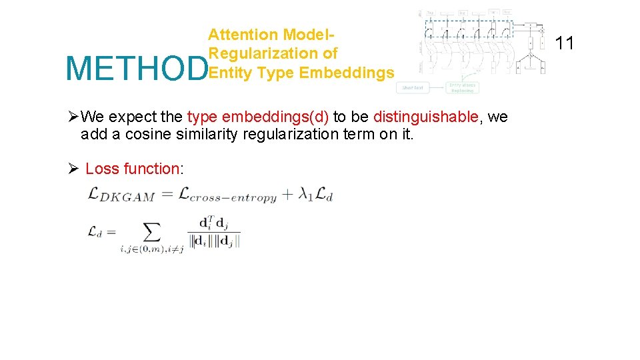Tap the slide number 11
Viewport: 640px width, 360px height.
click(565, 43)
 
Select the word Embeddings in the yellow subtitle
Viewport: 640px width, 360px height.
click(347, 72)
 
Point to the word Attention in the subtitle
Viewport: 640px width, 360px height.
click(243, 35)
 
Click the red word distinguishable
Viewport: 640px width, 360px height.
click(425, 117)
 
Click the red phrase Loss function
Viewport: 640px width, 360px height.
click(132, 169)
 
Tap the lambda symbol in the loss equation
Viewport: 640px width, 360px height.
click(304, 194)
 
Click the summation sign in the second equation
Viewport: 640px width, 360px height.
click(153, 232)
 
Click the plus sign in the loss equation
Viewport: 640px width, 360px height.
click(287, 195)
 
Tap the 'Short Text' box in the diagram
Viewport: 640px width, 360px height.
click(412, 87)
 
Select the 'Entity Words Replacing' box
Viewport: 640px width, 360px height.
click(462, 87)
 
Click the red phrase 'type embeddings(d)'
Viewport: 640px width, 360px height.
click(258, 117)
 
